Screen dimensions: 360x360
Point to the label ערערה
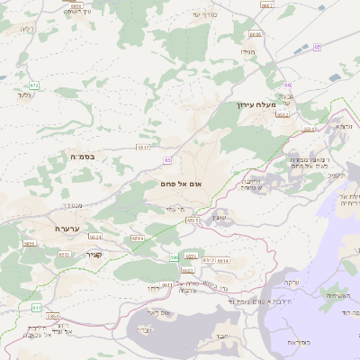[x=68, y=229]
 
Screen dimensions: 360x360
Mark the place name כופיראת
[x=300, y=343]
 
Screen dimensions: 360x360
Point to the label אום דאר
[x=150, y=312]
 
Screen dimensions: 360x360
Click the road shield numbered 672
[x=33, y=85]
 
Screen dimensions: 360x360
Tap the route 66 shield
[x=287, y=85]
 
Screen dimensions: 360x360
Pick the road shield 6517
[x=142, y=147]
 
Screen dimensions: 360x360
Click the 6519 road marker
[x=137, y=238]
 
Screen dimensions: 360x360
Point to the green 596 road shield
[x=175, y=258]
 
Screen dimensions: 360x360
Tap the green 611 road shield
[x=37, y=308]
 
